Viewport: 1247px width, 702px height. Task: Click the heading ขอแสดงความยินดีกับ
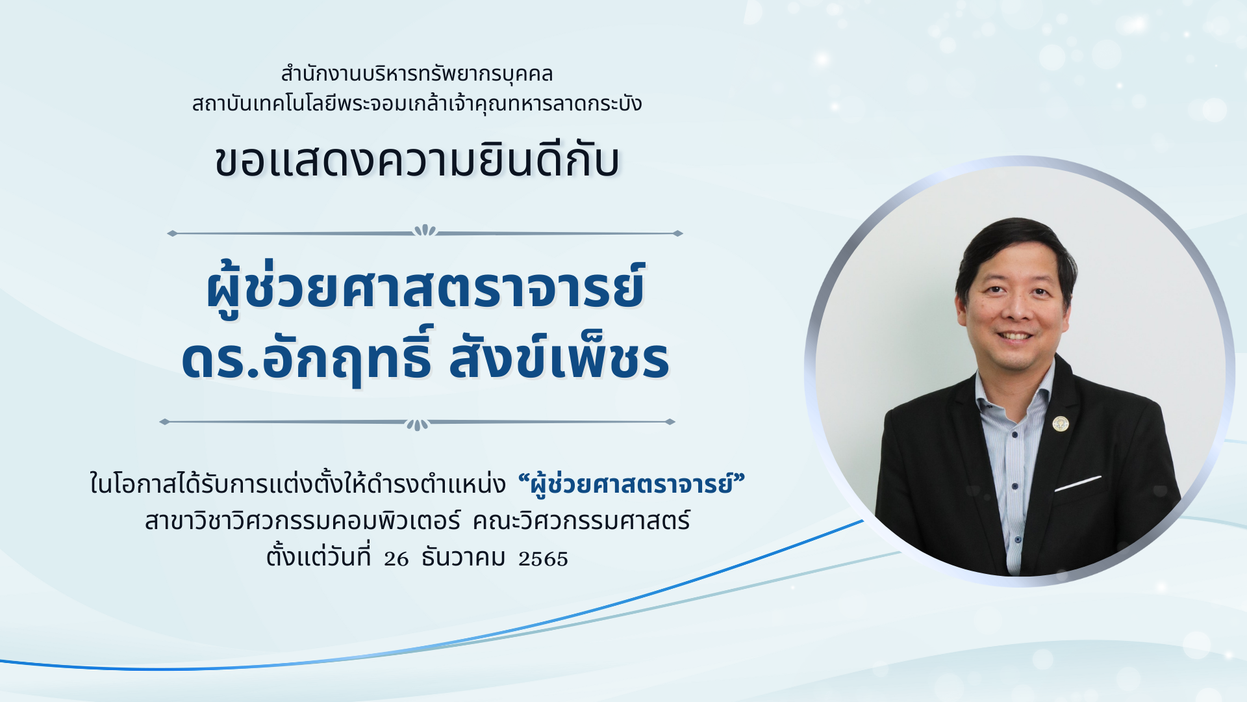pyautogui.click(x=417, y=161)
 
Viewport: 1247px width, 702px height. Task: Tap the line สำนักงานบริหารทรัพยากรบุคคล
pyautogui.click(x=417, y=74)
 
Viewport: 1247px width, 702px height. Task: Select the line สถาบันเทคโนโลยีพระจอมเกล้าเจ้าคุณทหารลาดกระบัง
pyautogui.click(x=417, y=103)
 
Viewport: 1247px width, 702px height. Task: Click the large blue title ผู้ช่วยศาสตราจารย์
pyautogui.click(x=425, y=288)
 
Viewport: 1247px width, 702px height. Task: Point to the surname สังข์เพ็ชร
pyautogui.click(x=559, y=357)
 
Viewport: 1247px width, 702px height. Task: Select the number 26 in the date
pyautogui.click(x=396, y=558)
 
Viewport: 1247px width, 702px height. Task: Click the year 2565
pyautogui.click(x=543, y=558)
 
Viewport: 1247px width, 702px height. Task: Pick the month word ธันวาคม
pyautogui.click(x=464, y=558)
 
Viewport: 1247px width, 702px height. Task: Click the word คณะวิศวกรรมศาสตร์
pyautogui.click(x=581, y=521)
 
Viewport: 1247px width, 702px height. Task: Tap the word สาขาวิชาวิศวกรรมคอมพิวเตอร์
pyautogui.click(x=303, y=521)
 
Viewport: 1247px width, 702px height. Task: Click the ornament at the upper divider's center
pyautogui.click(x=425, y=231)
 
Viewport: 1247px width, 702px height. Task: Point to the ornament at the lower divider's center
pyautogui.click(x=418, y=424)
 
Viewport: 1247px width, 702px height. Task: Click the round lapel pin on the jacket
pyautogui.click(x=1061, y=424)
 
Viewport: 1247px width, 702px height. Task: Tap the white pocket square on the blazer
pyautogui.click(x=1077, y=484)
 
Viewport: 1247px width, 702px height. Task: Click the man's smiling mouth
pyautogui.click(x=1014, y=336)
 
